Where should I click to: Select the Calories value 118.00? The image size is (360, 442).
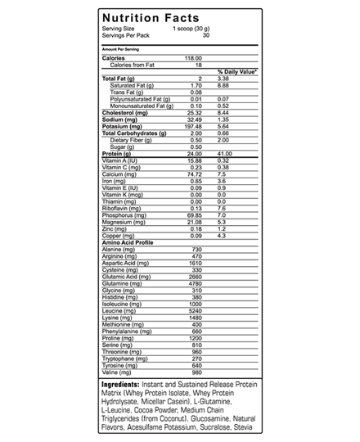click(x=193, y=58)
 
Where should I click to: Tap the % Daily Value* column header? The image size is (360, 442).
click(x=237, y=71)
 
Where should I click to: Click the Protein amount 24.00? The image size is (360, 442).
click(x=194, y=153)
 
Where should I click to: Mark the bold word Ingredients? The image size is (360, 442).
click(x=124, y=384)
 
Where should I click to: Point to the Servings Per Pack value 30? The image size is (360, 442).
click(x=206, y=35)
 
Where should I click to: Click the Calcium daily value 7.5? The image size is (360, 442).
click(x=221, y=174)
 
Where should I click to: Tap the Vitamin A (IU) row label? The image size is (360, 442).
click(x=124, y=160)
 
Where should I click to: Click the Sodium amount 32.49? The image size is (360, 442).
click(x=193, y=120)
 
